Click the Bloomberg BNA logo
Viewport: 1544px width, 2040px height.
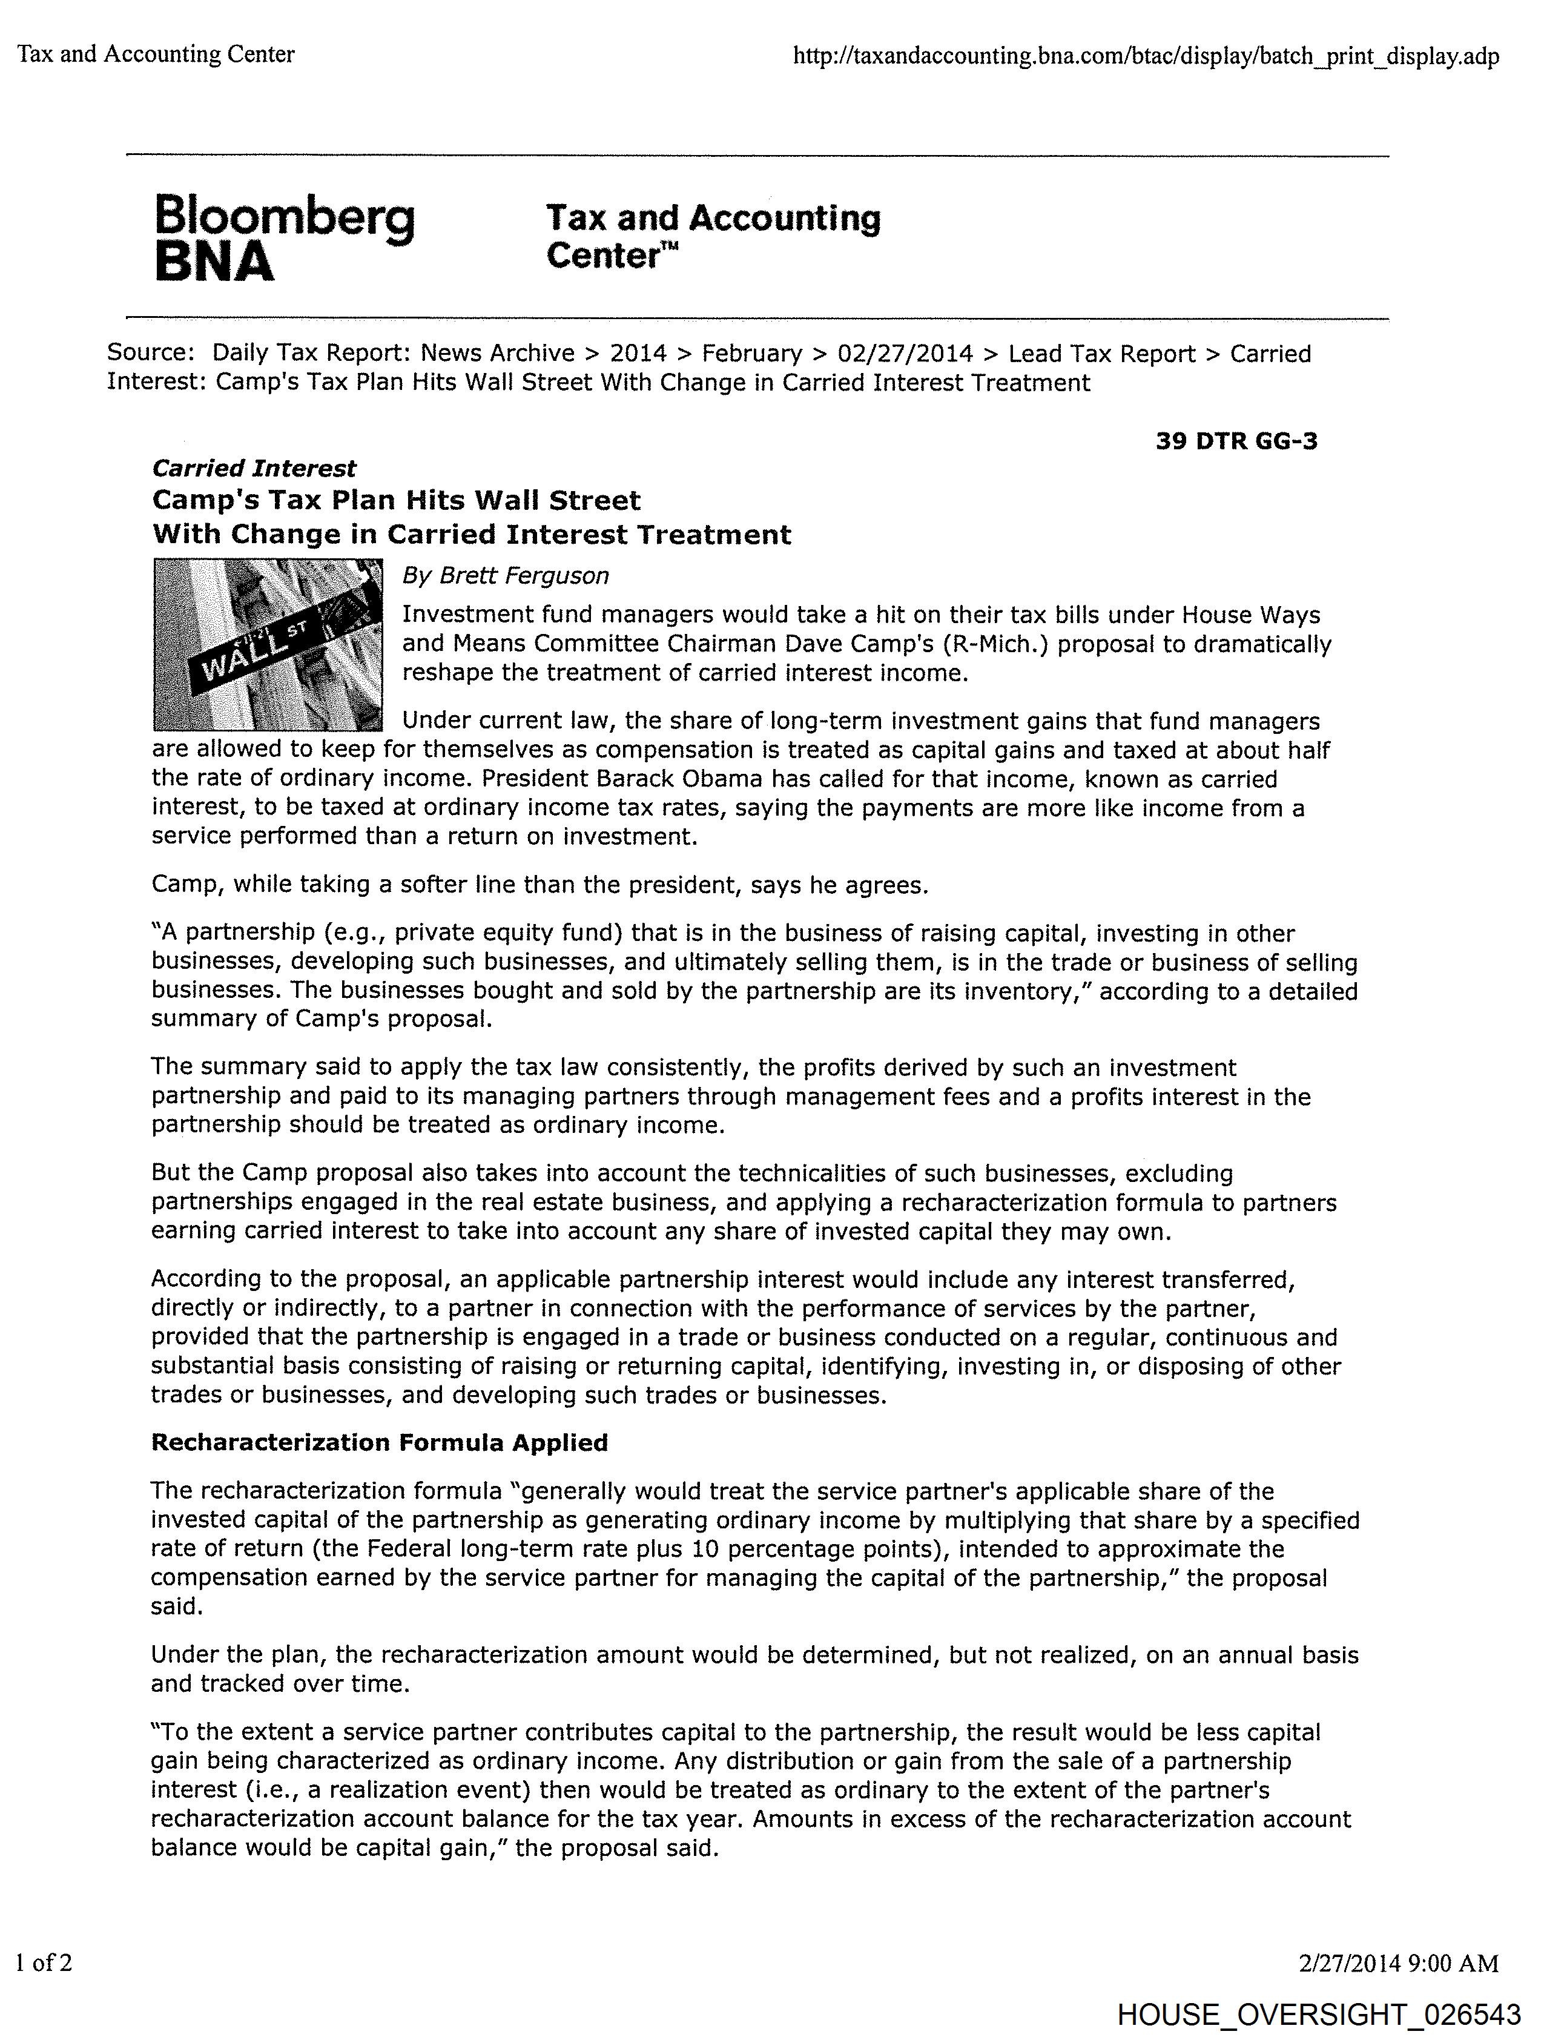284,236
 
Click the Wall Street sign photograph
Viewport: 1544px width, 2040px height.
268,645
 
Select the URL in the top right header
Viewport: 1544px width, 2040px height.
1146,56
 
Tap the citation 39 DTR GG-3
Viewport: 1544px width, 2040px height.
1236,441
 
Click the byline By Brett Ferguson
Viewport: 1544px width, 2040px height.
506,575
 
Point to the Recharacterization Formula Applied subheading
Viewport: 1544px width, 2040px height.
379,1442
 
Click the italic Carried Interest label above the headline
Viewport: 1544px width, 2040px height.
254,469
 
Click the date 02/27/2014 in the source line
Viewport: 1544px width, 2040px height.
905,353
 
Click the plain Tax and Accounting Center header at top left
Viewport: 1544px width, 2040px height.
156,54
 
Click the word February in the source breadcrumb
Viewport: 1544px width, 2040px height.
751,353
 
